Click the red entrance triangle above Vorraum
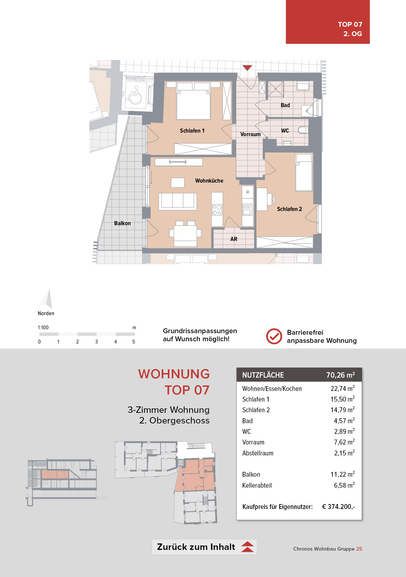247,68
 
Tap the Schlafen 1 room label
192,131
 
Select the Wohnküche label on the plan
209,181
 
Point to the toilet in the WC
303,130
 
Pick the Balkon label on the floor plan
122,223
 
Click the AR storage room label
234,239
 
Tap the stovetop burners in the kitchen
217,210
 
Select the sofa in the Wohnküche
178,201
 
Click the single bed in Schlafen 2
304,172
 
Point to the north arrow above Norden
46,298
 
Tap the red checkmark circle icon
274,336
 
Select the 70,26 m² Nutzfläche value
340,375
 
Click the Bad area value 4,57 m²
344,421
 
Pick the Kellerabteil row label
257,485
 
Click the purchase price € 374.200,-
338,507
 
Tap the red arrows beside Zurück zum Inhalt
248,547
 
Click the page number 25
359,549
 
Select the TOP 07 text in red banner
350,24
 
